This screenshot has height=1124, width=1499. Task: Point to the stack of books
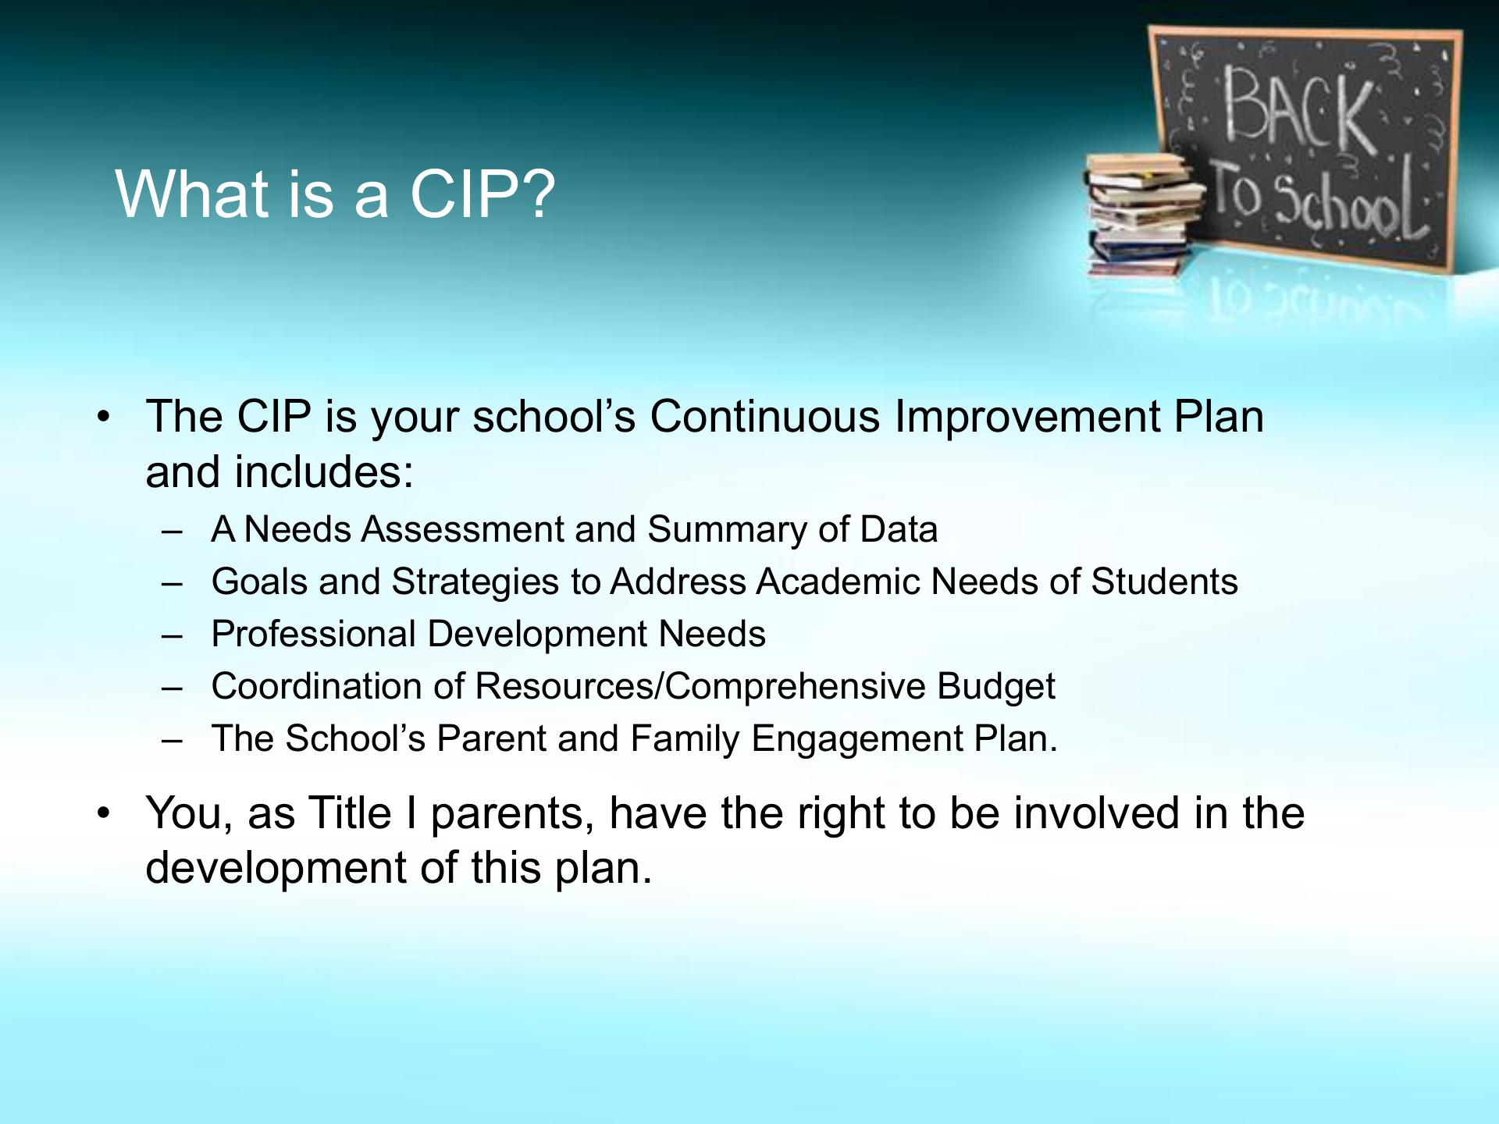tap(1145, 215)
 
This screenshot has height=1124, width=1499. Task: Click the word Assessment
tap(463, 529)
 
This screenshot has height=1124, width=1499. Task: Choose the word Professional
tap(313, 634)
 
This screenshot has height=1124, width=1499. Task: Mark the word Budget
tap(995, 687)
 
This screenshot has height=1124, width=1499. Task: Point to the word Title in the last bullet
tap(349, 813)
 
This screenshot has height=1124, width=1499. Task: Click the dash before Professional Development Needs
tap(172, 636)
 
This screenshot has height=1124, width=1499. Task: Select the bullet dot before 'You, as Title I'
tap(102, 815)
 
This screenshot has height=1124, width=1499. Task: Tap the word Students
tap(1164, 582)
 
